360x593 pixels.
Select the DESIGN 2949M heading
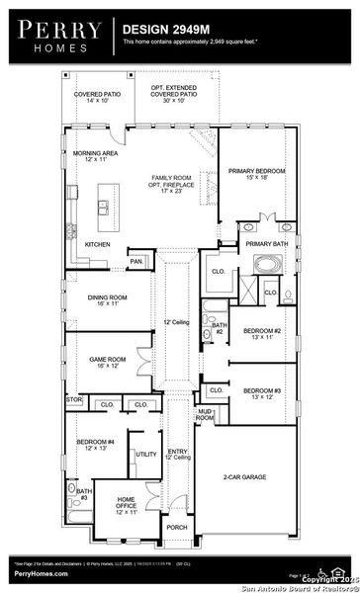pyautogui.click(x=164, y=31)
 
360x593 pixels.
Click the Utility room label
pyautogui.click(x=146, y=454)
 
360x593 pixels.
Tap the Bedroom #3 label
pyautogui.click(x=262, y=392)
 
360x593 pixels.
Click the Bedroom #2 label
pyautogui.click(x=263, y=333)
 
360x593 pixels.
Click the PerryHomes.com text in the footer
pyautogui.click(x=41, y=573)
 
